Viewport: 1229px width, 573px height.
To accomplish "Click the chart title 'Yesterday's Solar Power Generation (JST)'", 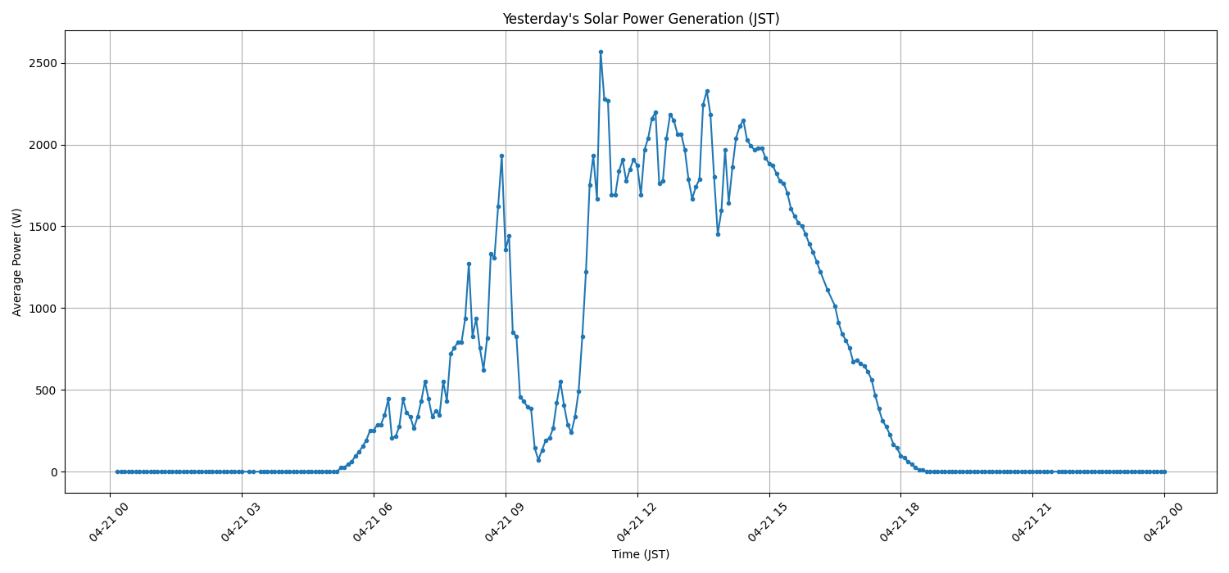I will tap(641, 19).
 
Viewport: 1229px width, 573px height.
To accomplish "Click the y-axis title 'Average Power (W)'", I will tap(17, 262).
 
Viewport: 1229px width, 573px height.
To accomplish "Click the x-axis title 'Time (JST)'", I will tap(641, 554).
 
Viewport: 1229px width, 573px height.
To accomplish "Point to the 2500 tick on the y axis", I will tap(43, 63).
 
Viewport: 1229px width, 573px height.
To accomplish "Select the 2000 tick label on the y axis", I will tap(43, 145).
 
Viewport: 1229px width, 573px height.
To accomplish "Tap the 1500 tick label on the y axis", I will tap(43, 227).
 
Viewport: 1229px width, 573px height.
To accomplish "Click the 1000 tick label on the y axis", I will tap(43, 309).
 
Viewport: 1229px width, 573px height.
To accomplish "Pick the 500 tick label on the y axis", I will tap(47, 390).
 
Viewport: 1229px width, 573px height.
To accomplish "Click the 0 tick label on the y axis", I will tap(53, 472).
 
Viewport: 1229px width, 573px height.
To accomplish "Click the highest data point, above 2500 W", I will tap(601, 52).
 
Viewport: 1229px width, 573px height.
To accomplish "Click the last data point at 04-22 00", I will tap(1164, 471).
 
